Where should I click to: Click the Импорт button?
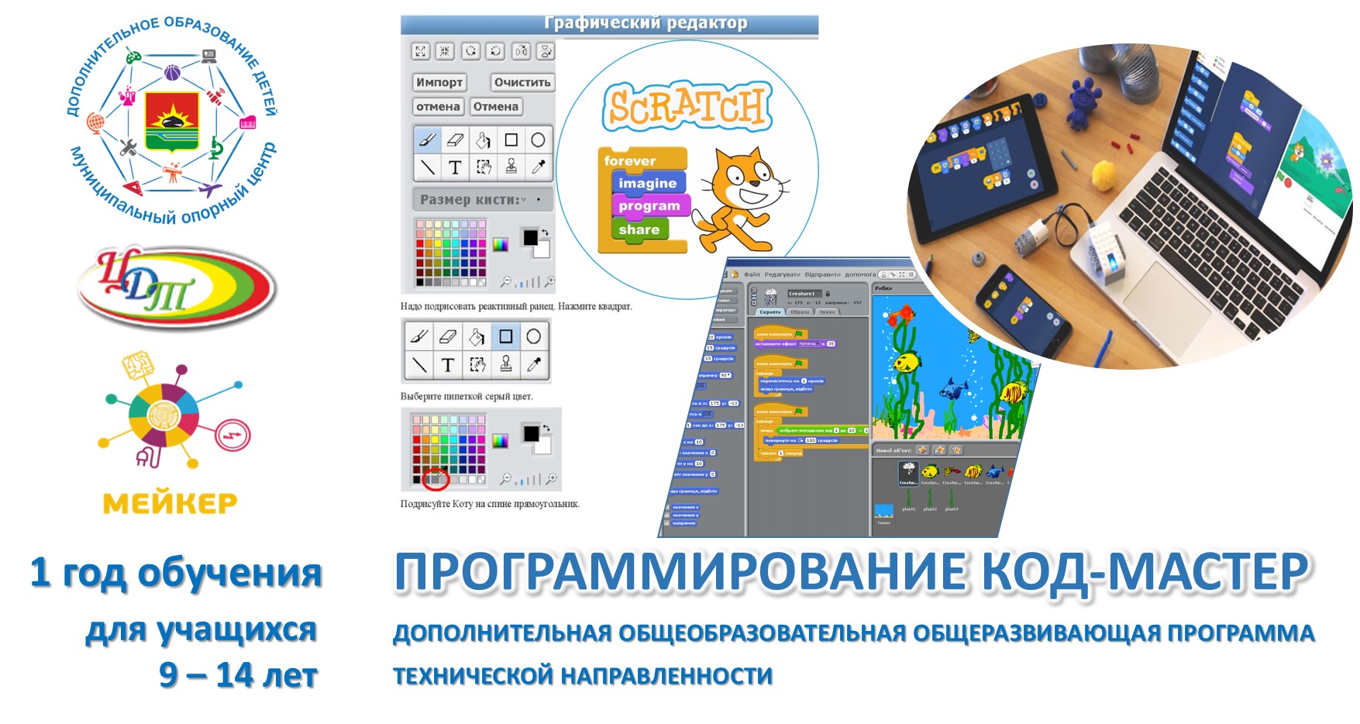[439, 82]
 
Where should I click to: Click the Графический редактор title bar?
[609, 24]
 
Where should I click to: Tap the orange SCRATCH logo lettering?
[686, 106]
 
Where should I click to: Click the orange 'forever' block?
[630, 160]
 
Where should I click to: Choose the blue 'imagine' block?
[647, 183]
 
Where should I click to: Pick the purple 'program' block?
[649, 206]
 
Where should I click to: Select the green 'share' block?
[639, 229]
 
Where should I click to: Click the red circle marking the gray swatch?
[436, 479]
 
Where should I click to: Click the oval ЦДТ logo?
[177, 288]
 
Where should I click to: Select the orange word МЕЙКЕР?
[170, 504]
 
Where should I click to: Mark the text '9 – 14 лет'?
[239, 674]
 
